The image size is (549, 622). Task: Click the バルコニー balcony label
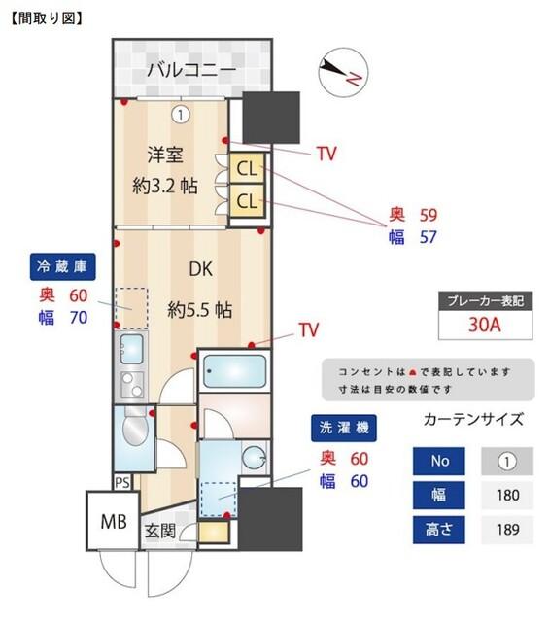[x=191, y=70]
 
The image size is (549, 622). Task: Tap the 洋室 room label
[x=165, y=155]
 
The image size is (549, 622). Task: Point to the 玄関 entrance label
[x=161, y=532]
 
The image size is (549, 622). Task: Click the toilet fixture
[x=134, y=429]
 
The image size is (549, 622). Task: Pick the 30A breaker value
[x=483, y=326]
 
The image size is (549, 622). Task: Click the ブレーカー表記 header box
[x=483, y=301]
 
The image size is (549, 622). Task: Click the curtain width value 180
[x=506, y=495]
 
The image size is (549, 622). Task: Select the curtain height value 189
[x=506, y=531]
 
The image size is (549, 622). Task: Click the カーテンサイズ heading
[x=474, y=420]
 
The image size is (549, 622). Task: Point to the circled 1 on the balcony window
[x=180, y=115]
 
